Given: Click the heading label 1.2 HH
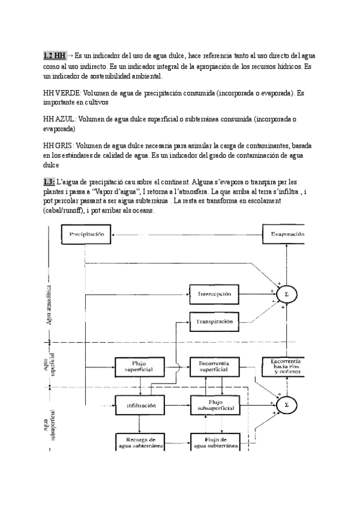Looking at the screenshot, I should pos(54,55).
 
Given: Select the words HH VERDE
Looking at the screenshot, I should pos(62,94).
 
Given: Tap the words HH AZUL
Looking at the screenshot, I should pos(60,120).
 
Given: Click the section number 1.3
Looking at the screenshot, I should pos(49,181).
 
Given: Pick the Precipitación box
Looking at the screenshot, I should pos(87,234).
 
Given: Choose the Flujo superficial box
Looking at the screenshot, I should pos(139,366).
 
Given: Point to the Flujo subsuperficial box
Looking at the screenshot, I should pos(214,406).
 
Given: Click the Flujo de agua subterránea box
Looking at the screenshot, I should pos(214,442).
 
